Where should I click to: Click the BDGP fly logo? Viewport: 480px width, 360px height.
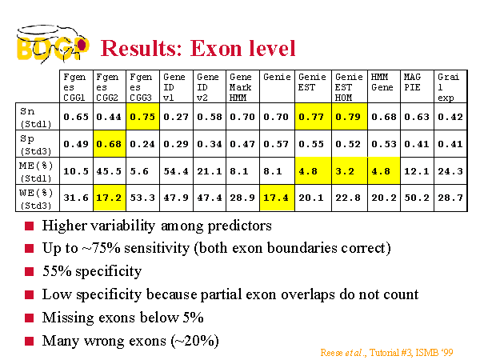tap(53, 44)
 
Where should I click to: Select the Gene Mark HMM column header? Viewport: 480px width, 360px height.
tap(242, 87)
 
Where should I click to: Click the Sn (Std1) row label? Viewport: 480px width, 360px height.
tap(35, 118)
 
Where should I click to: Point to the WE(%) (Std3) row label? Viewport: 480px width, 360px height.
tap(36, 198)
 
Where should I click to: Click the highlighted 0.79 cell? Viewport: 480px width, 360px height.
tap(350, 117)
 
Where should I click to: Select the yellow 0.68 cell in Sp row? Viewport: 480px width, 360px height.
tap(110, 143)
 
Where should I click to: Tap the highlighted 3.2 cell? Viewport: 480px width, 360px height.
tap(350, 171)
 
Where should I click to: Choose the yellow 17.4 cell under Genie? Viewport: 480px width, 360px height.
tap(277, 198)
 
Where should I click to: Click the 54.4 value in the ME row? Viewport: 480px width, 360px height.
tap(176, 171)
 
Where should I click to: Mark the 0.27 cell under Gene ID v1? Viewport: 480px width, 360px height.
tap(176, 117)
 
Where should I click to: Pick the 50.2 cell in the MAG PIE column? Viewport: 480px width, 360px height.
tap(417, 198)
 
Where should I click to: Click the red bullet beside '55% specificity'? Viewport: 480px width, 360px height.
tap(29, 271)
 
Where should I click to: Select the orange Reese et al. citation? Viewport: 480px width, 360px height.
tap(386, 353)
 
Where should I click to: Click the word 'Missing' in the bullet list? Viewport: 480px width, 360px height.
tap(68, 318)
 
